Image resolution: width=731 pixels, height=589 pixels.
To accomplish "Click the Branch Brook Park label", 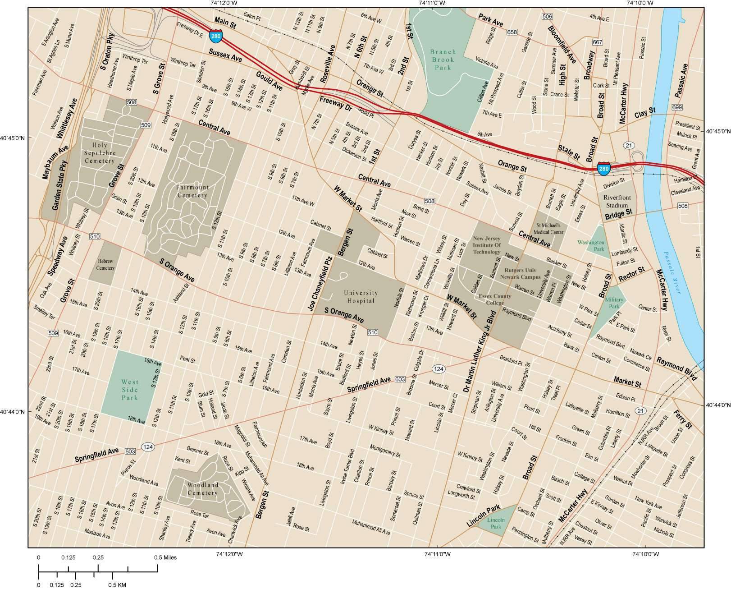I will (x=443, y=60).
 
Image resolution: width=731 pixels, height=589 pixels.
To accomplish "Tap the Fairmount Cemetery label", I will (x=192, y=191).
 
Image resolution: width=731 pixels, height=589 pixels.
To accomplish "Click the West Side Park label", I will (x=130, y=390).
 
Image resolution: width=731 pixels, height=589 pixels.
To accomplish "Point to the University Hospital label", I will (x=361, y=297).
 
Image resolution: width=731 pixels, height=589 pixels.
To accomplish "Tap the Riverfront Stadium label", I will (x=617, y=202).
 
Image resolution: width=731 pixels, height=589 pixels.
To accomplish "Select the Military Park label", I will (x=614, y=303).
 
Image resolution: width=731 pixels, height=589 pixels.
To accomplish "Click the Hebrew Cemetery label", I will (x=105, y=265).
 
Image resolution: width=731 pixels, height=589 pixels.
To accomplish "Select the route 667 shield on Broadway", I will (x=598, y=42).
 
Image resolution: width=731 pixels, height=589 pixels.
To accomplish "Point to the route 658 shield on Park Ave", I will (x=512, y=32).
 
